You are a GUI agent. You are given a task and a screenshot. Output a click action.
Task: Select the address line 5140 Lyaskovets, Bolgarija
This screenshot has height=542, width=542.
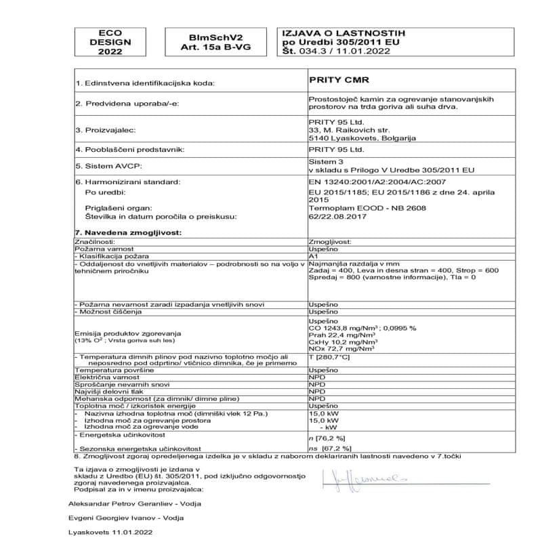[362, 137]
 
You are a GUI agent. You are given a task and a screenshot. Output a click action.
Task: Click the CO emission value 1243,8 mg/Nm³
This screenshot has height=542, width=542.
[344, 327]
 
